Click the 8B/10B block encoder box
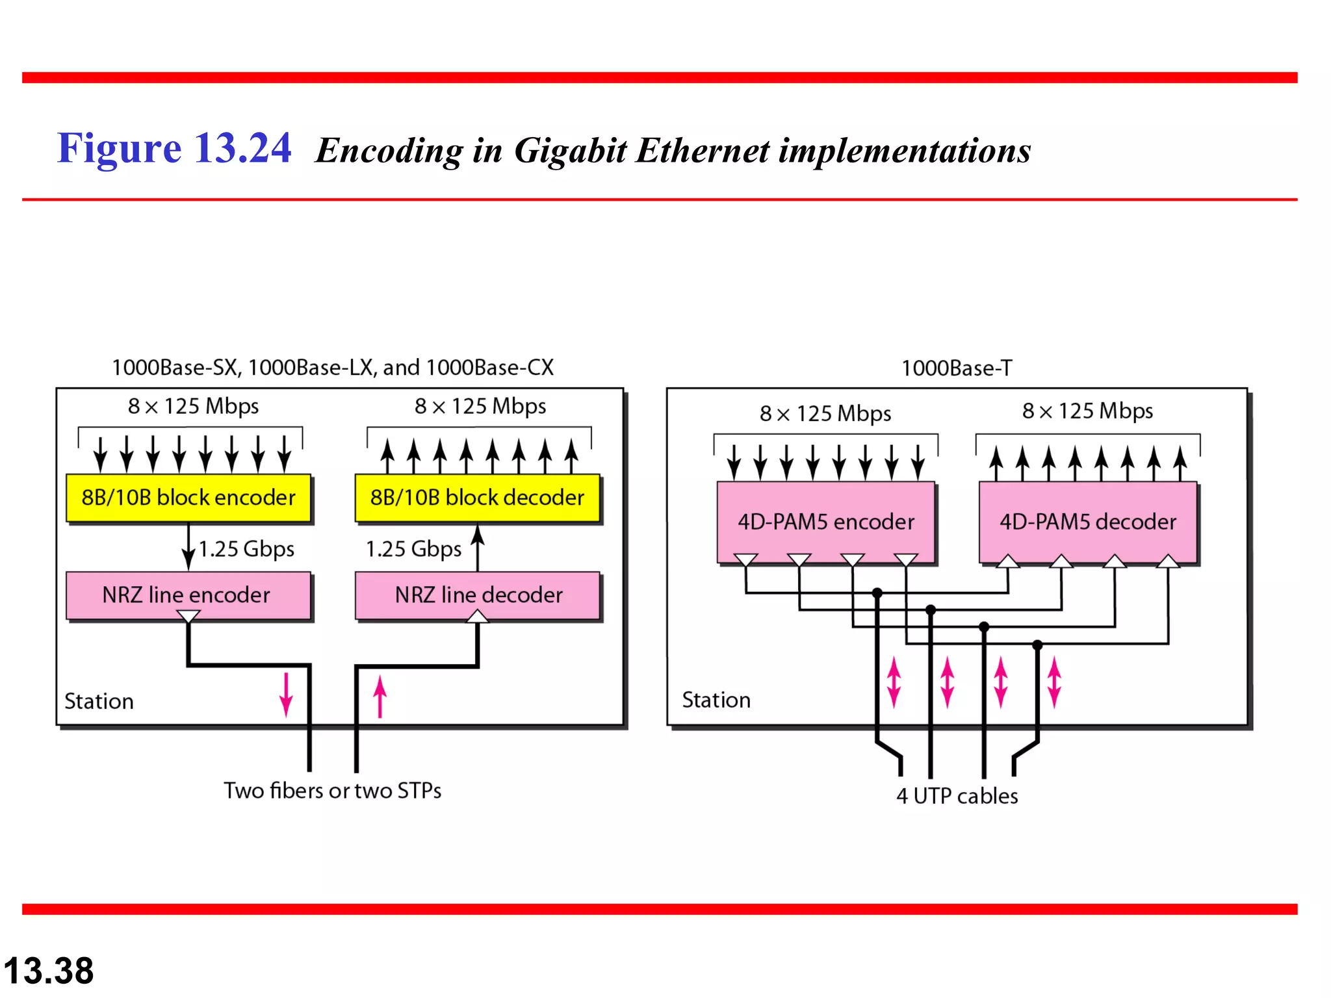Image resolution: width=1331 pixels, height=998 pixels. (188, 498)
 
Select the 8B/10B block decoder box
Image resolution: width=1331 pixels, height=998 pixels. (477, 498)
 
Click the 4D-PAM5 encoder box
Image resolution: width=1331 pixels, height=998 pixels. (825, 522)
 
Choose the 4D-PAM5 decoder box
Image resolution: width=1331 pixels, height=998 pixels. (1087, 522)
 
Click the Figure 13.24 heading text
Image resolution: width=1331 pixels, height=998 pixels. (174, 148)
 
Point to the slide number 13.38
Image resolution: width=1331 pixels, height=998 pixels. (49, 971)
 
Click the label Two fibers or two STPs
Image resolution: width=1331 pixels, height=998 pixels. (332, 791)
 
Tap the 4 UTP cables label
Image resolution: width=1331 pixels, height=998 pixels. (957, 796)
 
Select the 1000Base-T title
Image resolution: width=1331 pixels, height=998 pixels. (956, 368)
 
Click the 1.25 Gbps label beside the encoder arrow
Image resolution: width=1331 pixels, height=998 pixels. (246, 549)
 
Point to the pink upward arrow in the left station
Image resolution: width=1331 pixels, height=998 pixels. (380, 697)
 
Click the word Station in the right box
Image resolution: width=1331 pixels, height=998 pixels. (716, 700)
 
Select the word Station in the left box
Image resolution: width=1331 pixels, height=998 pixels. (99, 701)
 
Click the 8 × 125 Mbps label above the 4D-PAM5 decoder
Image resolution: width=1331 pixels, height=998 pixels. (1087, 411)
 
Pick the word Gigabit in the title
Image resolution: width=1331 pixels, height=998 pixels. (570, 151)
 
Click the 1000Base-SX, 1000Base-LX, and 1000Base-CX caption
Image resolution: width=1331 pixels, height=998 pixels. (332, 368)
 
